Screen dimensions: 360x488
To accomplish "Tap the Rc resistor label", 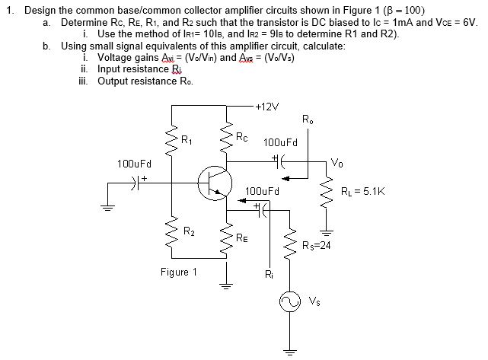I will [x=241, y=137].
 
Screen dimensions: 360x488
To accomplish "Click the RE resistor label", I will [x=241, y=238].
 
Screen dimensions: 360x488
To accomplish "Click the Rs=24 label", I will [x=314, y=245].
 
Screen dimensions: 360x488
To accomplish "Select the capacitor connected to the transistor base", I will [x=138, y=183].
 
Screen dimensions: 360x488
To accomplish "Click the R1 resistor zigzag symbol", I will [x=170, y=139].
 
